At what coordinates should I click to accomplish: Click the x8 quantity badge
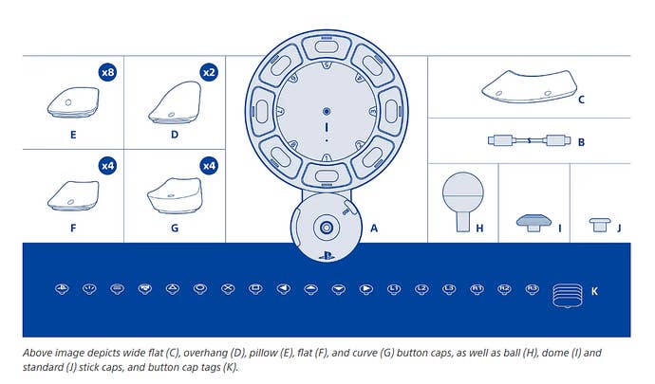[x=107, y=72]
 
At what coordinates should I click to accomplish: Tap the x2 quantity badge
[x=209, y=72]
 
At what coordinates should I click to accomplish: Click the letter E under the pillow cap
[x=73, y=135]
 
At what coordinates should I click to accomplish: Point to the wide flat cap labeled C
[x=531, y=87]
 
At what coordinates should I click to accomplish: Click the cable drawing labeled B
[x=530, y=141]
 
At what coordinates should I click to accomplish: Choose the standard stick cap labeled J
[x=600, y=224]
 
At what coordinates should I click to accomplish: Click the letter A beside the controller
[x=373, y=229]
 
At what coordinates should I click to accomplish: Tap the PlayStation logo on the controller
[x=326, y=254]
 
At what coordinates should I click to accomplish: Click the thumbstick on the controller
[x=326, y=228]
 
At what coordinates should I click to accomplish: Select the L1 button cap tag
[x=394, y=287]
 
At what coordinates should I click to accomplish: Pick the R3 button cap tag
[x=533, y=287]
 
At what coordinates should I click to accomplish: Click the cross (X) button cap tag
[x=228, y=287]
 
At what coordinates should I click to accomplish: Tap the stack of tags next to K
[x=566, y=296]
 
